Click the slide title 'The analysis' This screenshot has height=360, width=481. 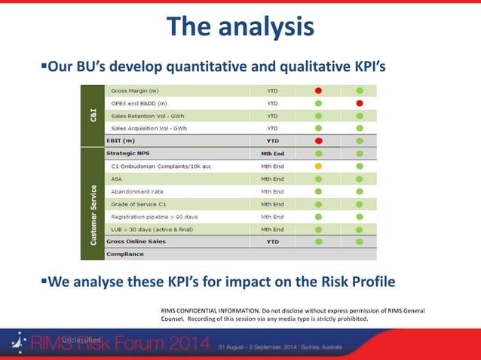pyautogui.click(x=240, y=27)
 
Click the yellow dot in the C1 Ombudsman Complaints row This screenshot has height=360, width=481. pyautogui.click(x=318, y=166)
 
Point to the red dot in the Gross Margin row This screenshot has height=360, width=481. pyautogui.click(x=318, y=90)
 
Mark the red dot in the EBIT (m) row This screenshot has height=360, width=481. pyautogui.click(x=318, y=140)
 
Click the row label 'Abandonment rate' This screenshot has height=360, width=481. pyautogui.click(x=137, y=191)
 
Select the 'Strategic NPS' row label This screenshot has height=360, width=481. pyautogui.click(x=128, y=153)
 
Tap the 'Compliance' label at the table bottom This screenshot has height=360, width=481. pyautogui.click(x=125, y=254)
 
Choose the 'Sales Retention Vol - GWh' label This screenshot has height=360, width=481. pyautogui.click(x=149, y=116)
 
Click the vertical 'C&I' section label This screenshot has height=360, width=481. pyautogui.click(x=92, y=114)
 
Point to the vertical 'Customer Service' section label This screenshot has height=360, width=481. pyautogui.click(x=92, y=214)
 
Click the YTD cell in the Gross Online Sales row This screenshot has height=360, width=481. pyautogui.click(x=272, y=242)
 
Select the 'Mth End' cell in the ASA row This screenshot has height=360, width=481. pyautogui.click(x=272, y=178)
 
